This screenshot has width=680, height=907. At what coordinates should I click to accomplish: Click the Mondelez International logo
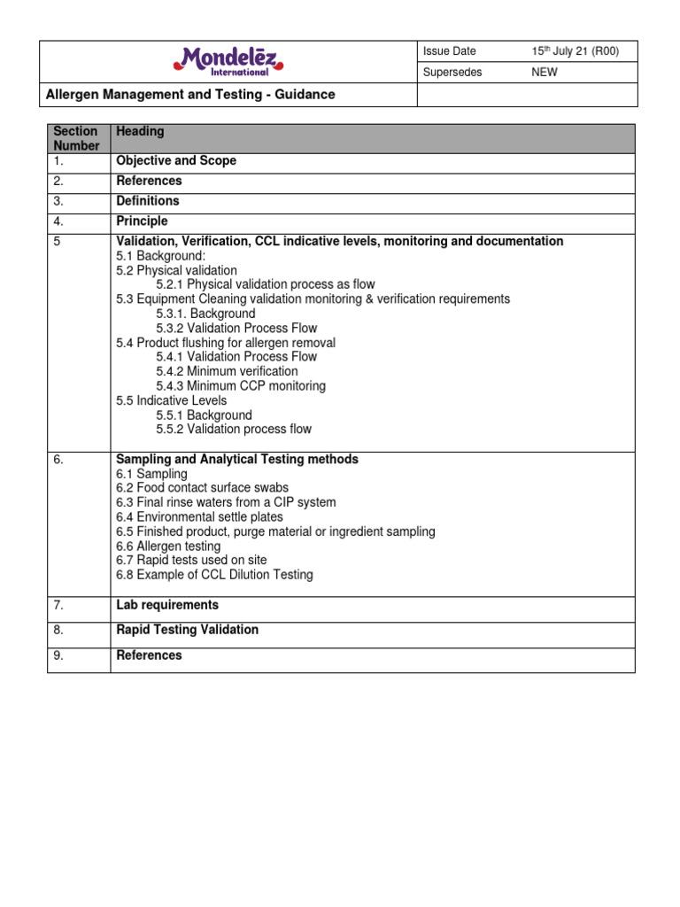(x=228, y=61)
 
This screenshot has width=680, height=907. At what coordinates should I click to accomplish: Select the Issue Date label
(x=449, y=51)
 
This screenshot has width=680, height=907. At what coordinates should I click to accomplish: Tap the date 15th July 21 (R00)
(x=575, y=51)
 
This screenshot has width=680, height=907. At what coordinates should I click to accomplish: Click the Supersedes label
(x=452, y=73)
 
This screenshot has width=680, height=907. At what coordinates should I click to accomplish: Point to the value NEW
(x=544, y=73)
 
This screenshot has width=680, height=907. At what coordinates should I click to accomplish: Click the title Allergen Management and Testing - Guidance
(x=190, y=94)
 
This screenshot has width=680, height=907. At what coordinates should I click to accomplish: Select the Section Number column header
(x=76, y=138)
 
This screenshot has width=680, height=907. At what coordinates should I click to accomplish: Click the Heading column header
(x=140, y=131)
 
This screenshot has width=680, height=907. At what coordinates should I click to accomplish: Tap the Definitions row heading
(x=148, y=201)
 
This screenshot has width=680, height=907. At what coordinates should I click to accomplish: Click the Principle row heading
(x=142, y=221)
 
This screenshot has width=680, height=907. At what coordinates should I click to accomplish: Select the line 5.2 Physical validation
(x=176, y=270)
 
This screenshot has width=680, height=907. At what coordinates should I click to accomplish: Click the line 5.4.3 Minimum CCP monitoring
(x=241, y=386)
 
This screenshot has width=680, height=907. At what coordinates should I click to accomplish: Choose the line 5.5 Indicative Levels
(x=172, y=400)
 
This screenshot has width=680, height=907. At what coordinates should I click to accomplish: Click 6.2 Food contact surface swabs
(x=202, y=488)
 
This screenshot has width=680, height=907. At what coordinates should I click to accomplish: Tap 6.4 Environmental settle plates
(x=199, y=516)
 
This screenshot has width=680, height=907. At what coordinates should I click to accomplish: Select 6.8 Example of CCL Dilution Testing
(x=214, y=575)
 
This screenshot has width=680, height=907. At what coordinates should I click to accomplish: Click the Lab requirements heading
(x=167, y=605)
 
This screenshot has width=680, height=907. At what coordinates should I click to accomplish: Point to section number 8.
(x=58, y=630)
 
